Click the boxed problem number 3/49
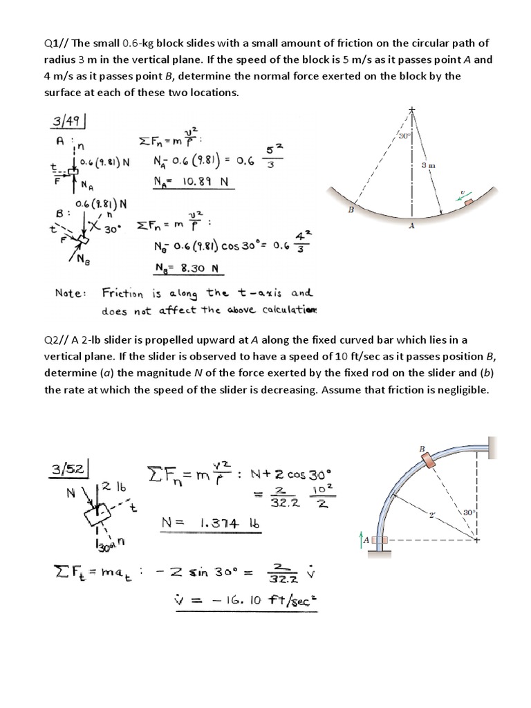(67, 122)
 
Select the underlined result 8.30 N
(195, 268)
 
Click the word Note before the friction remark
(70, 292)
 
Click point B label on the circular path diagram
(351, 209)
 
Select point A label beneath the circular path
(412, 225)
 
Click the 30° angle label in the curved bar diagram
(469, 513)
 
